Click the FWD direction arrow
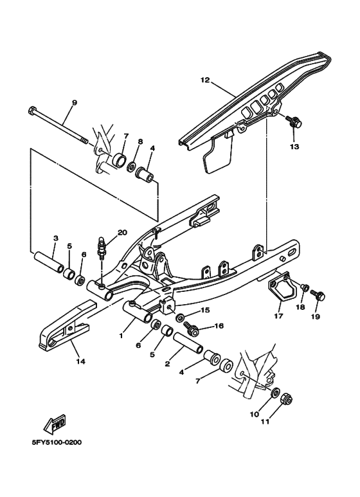tap(55, 424)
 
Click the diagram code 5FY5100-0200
tap(57, 442)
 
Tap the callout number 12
tap(205, 80)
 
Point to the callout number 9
tap(75, 103)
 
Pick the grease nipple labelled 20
tap(102, 248)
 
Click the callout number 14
tap(80, 361)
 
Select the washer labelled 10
tap(275, 393)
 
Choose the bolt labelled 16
tap(192, 329)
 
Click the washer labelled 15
tap(181, 316)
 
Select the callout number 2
tap(167, 363)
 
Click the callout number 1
tap(121, 336)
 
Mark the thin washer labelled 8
tap(131, 167)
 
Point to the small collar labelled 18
tap(305, 287)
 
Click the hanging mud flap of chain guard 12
tap(218, 153)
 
